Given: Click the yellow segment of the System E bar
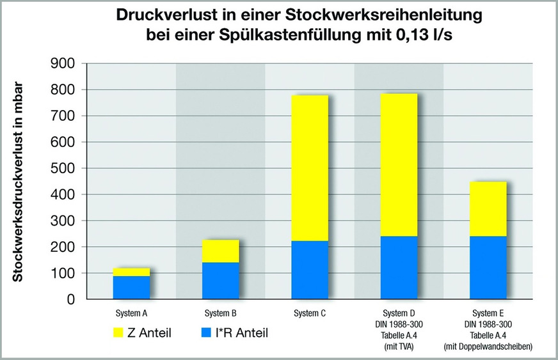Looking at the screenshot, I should point(488,208).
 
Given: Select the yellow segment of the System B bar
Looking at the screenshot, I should point(221,251).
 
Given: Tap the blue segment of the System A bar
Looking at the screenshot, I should point(131,287).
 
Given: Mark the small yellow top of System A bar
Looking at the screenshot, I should point(131,272).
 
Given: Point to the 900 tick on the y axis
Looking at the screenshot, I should point(62,64).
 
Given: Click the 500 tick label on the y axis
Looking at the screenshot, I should point(62,168).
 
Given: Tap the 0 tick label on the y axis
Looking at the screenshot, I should point(71,299).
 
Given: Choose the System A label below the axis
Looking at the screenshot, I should point(131,313).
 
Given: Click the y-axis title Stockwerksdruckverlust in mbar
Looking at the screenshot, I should point(20,182).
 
